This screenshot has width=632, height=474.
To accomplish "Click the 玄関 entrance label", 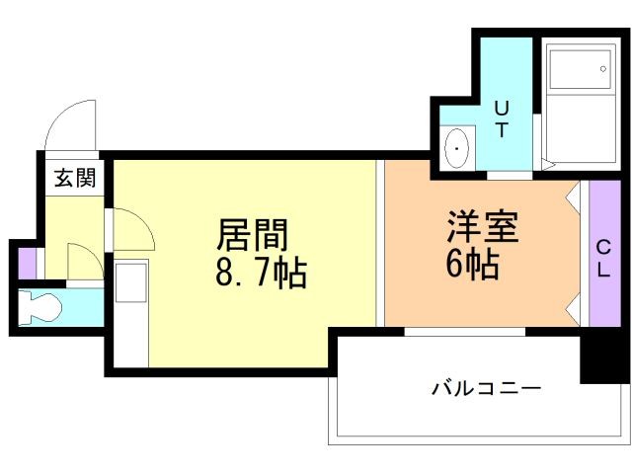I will (x=74, y=178).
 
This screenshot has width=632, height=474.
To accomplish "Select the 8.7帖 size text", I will (x=261, y=272).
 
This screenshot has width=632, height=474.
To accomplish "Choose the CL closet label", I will (x=602, y=259).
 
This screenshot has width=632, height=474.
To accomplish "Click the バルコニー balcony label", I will (x=485, y=388).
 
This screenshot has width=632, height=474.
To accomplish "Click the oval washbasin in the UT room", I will (x=459, y=151).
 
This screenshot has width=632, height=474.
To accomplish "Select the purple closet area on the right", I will (x=603, y=254).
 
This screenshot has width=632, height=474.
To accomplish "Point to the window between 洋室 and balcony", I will (x=464, y=332).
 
